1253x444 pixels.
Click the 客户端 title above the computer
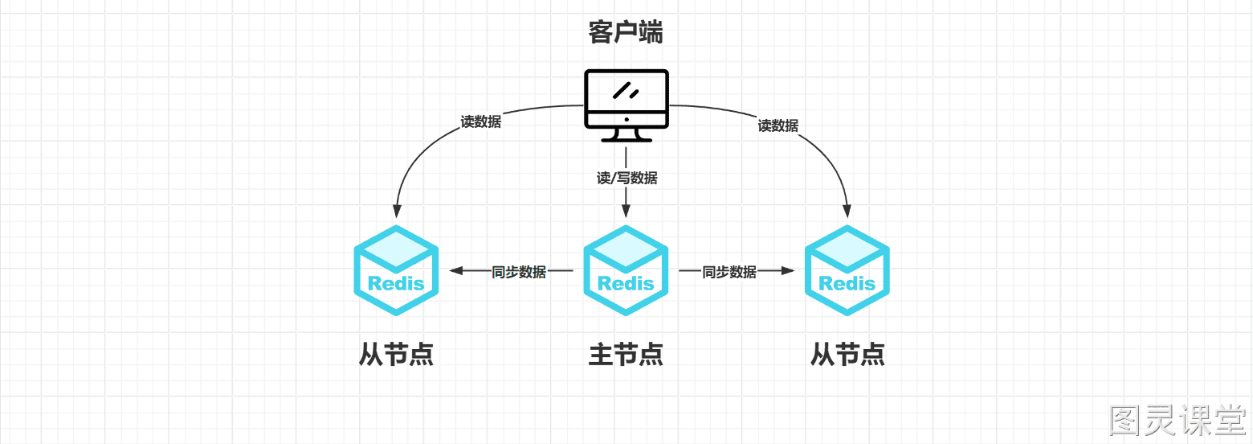pyautogui.click(x=626, y=32)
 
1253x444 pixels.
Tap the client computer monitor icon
pyautogui.click(x=626, y=105)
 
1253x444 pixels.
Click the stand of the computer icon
pyautogui.click(x=626, y=135)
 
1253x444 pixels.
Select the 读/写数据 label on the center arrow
pyautogui.click(x=626, y=178)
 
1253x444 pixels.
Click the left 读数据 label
pyautogui.click(x=480, y=121)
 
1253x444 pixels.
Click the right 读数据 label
pyautogui.click(x=778, y=125)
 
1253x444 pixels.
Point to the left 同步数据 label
pyautogui.click(x=519, y=272)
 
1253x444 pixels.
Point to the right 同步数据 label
pyautogui.click(x=729, y=272)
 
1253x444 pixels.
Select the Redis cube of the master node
pyautogui.click(x=626, y=270)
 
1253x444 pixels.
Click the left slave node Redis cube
pyautogui.click(x=396, y=270)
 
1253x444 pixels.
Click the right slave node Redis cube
pyautogui.click(x=847, y=270)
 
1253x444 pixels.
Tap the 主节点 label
pyautogui.click(x=626, y=355)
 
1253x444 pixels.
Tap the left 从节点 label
pyautogui.click(x=396, y=355)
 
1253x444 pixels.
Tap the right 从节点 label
pyautogui.click(x=847, y=355)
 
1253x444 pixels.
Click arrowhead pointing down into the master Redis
pyautogui.click(x=626, y=211)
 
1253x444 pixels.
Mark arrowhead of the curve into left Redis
pyautogui.click(x=397, y=211)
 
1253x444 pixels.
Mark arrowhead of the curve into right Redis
pyautogui.click(x=847, y=211)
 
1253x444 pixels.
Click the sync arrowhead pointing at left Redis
pyautogui.click(x=456, y=271)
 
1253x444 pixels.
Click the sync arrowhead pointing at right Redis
pyautogui.click(x=788, y=271)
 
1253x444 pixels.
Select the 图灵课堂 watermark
pyautogui.click(x=1177, y=420)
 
